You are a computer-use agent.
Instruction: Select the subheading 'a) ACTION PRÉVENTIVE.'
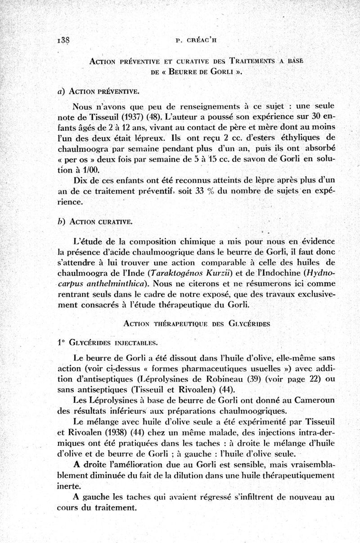[103, 91]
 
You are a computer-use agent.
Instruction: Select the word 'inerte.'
[69, 486]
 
